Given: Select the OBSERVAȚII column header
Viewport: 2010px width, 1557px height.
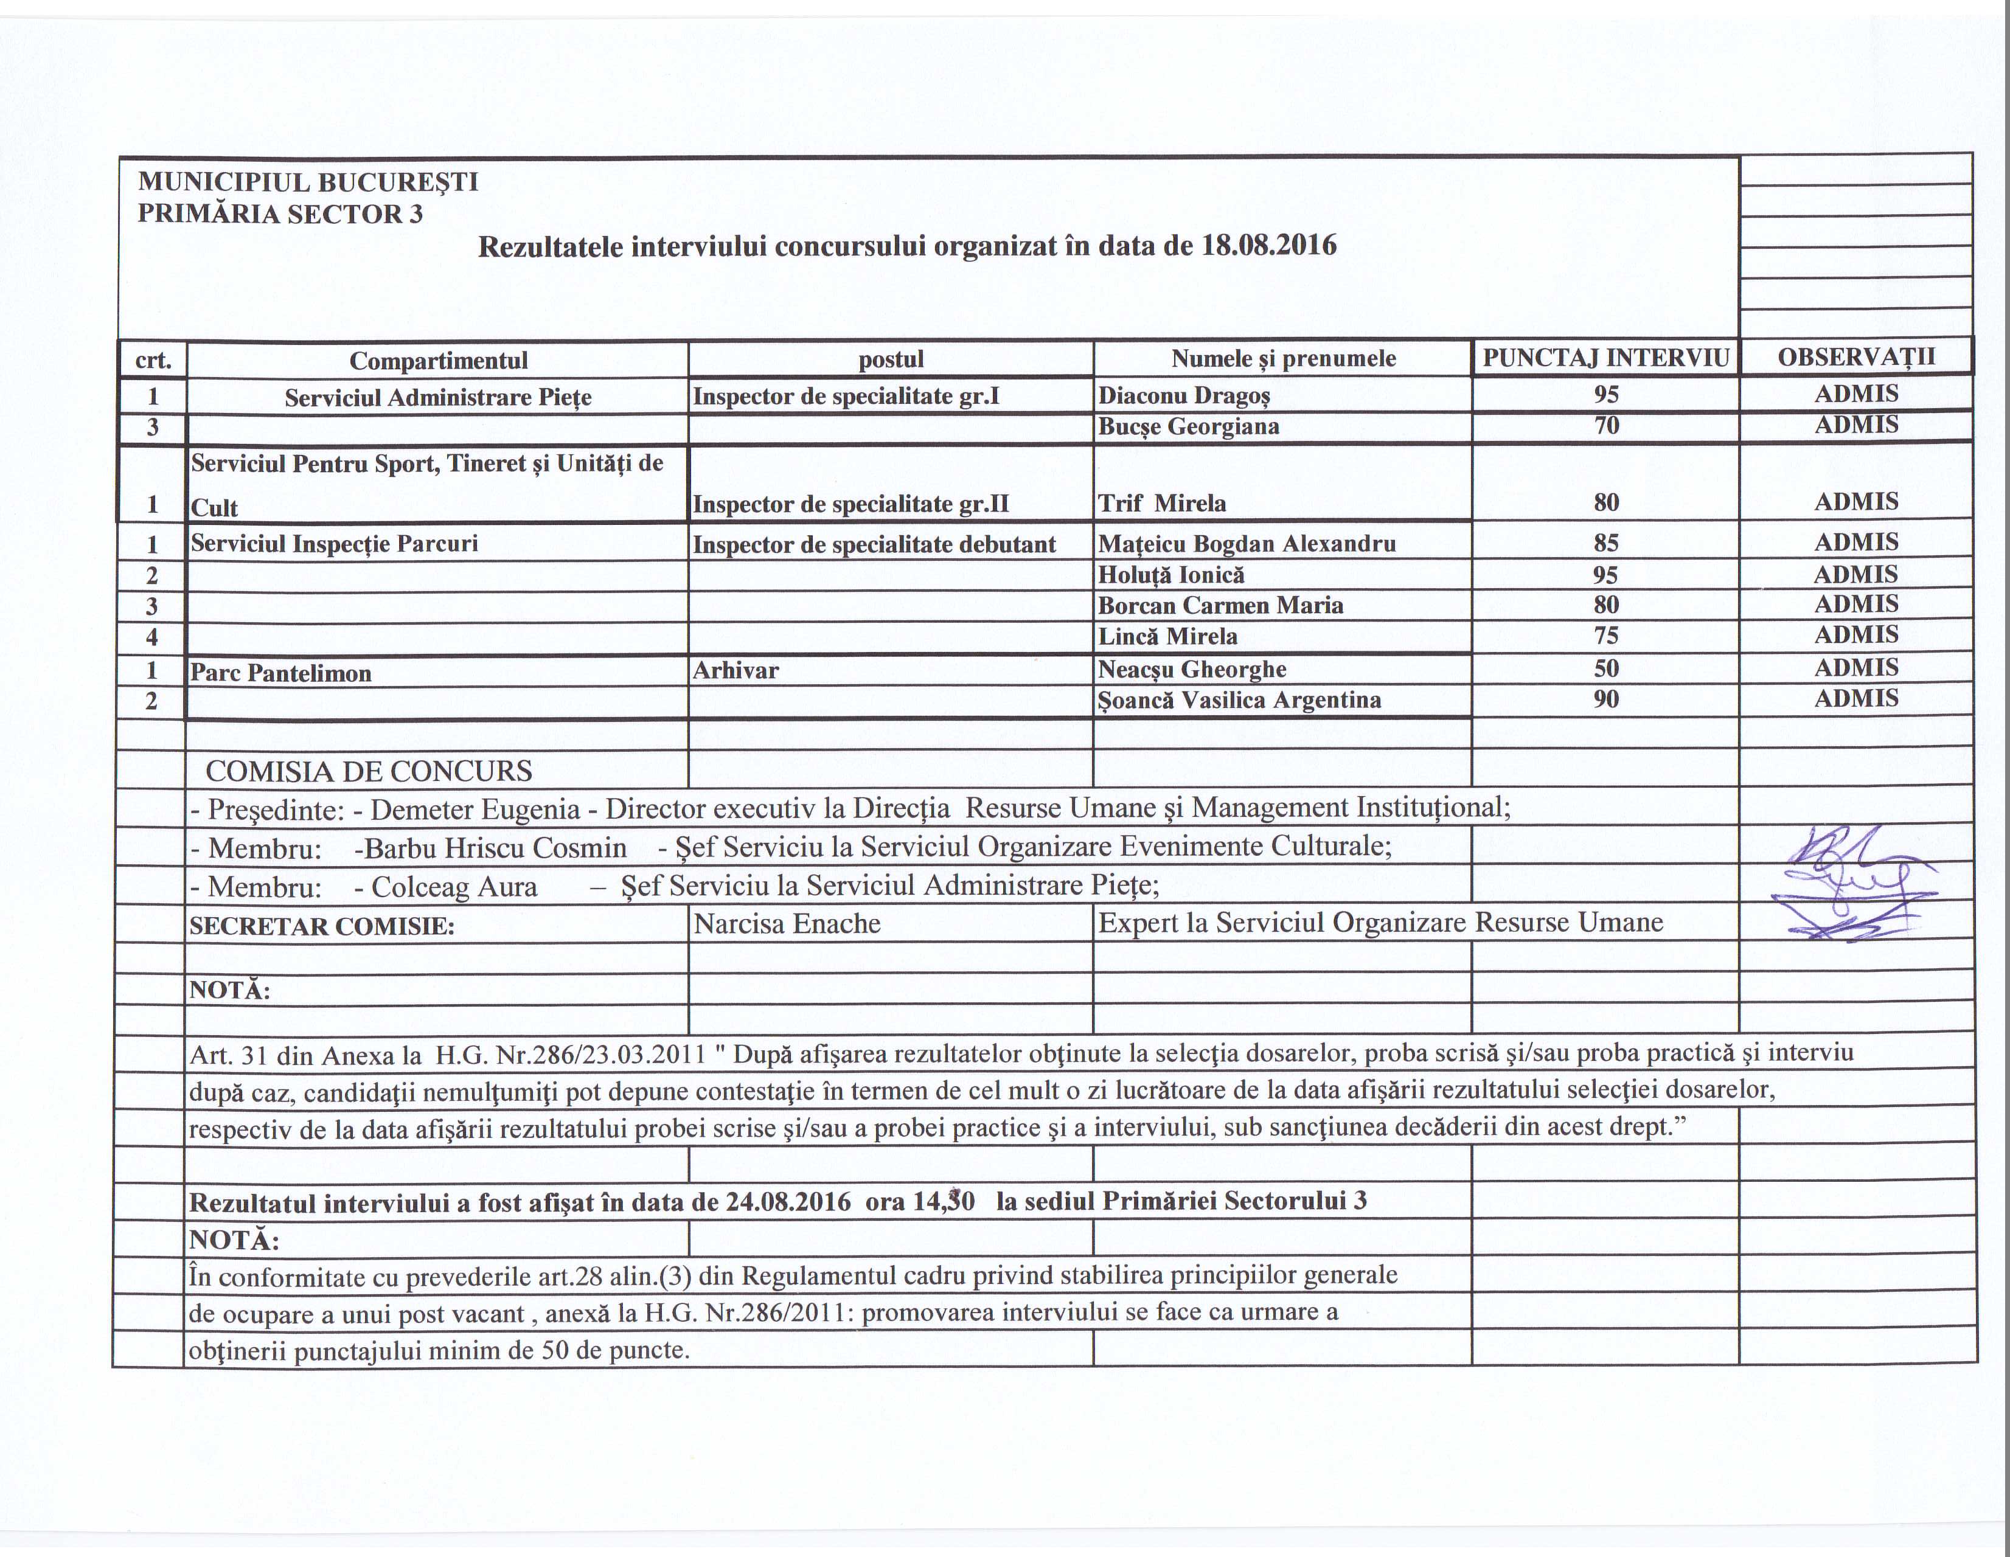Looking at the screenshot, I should click(1855, 357).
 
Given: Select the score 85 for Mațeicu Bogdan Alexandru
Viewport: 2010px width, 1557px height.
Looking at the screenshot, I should click(1606, 543).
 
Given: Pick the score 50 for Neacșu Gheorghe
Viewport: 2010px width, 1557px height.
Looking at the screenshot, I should click(1606, 669).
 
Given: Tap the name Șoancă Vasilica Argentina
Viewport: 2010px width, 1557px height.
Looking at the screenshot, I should click(1239, 700).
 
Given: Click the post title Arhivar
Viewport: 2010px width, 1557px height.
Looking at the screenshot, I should click(735, 671).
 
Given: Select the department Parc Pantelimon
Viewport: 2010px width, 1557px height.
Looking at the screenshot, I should click(280, 673).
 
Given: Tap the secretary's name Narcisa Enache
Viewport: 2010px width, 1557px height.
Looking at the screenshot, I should click(787, 923).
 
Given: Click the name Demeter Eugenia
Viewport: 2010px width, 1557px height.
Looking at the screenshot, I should click(475, 810).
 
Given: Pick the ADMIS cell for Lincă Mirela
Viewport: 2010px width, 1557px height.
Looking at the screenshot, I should click(1855, 635).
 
